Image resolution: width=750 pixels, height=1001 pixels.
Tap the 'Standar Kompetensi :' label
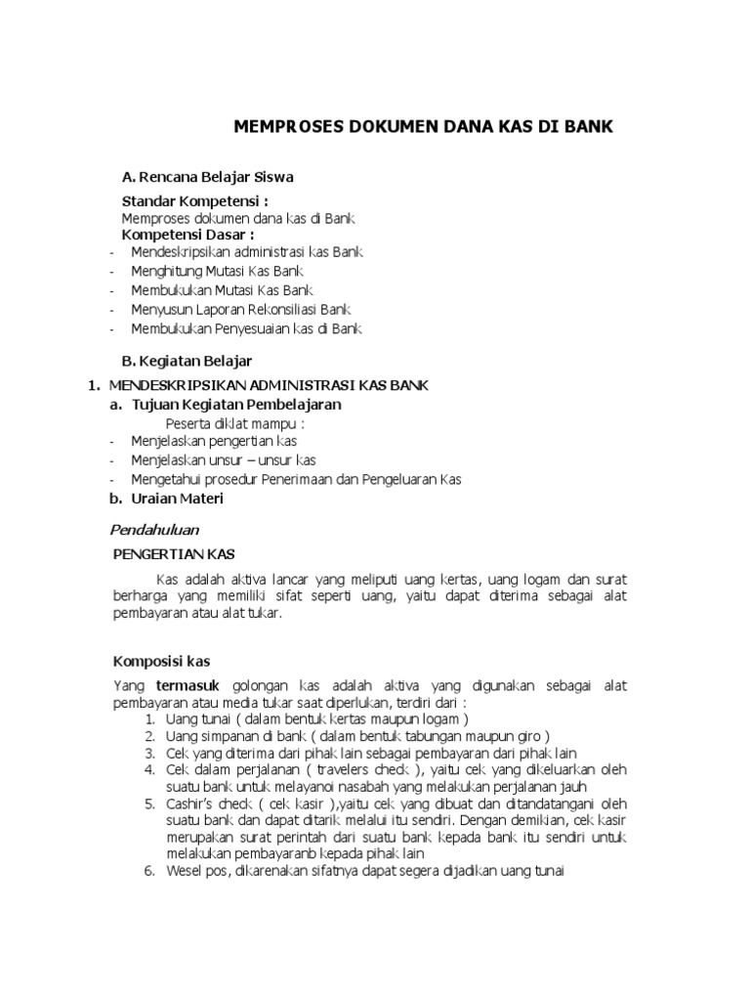pos(194,201)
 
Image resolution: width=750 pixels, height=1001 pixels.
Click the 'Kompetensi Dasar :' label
pos(187,235)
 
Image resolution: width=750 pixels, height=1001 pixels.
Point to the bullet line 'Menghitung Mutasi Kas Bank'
pos(217,270)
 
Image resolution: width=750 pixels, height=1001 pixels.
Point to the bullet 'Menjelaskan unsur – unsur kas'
pos(223,459)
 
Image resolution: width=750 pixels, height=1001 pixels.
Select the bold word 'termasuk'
pos(182,686)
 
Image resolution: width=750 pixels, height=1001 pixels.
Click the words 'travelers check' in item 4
pos(340,769)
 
